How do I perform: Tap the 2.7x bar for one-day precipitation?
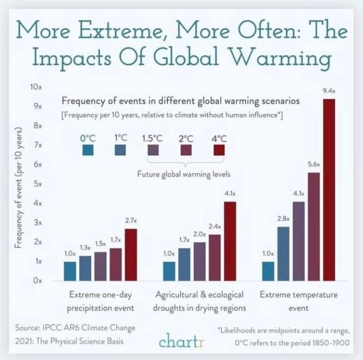coord(130,254)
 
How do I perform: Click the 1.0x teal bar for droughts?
coord(169,270)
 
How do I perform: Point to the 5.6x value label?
coord(313,164)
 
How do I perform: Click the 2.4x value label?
coord(214,226)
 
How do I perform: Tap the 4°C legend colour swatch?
coord(219,151)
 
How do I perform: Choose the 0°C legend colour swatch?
coord(88,151)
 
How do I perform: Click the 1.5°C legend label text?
coord(153,139)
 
